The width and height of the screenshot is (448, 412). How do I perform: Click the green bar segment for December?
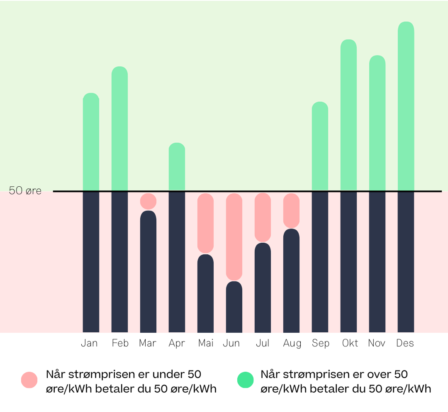point(406,106)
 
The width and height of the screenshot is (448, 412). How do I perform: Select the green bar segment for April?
point(177,166)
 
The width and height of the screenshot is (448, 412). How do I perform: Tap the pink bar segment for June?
point(234,236)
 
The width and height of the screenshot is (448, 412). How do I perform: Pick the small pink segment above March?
point(148,201)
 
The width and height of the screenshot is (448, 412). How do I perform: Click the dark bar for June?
point(234,307)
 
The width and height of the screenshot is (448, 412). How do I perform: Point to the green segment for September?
point(320,146)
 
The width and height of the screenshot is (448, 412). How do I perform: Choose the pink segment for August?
point(291,210)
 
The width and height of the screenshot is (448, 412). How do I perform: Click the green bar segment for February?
point(119,129)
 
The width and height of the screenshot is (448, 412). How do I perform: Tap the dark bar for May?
point(205,293)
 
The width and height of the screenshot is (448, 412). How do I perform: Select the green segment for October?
point(348,115)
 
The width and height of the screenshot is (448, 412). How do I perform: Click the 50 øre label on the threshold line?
point(25,191)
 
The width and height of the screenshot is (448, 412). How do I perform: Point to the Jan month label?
point(89,344)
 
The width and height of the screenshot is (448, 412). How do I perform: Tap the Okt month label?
point(350,344)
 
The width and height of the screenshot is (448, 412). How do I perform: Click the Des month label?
point(405,344)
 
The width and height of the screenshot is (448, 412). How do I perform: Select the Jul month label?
point(263,344)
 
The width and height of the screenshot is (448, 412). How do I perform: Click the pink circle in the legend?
point(29,380)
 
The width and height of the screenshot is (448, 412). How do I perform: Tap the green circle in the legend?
point(245,380)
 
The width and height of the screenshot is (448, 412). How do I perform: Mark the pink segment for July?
point(263,217)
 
